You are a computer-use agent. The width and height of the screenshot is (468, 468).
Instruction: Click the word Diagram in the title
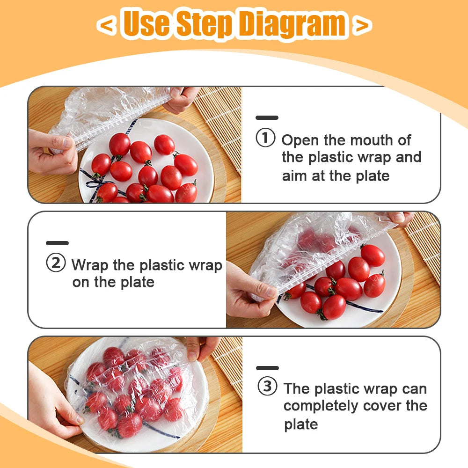pos(292,24)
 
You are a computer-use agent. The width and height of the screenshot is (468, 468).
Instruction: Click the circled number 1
pos(265,139)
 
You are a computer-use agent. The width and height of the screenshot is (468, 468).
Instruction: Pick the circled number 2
pos(56,263)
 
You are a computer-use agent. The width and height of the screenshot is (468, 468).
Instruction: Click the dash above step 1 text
pos(267,118)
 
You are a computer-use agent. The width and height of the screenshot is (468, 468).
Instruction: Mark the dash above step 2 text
pos(57,243)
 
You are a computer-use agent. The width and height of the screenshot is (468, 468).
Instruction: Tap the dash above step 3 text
pos(267,368)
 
